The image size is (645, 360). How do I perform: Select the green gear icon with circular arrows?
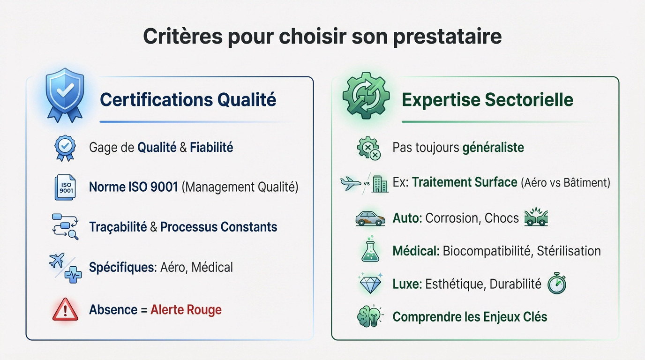click(366, 96)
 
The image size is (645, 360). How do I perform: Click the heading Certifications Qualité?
click(188, 100)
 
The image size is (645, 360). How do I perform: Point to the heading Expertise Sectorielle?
click(487, 100)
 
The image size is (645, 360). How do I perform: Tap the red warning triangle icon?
click(65, 309)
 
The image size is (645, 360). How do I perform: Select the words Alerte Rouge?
click(186, 310)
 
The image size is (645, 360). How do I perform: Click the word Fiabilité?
click(211, 148)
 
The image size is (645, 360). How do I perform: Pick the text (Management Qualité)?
click(240, 187)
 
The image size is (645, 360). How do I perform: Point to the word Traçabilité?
click(118, 227)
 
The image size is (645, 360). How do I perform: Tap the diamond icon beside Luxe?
click(370, 284)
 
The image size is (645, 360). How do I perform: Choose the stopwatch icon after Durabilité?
click(557, 284)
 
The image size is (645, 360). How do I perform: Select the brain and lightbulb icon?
click(369, 316)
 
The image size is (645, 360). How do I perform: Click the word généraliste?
click(493, 148)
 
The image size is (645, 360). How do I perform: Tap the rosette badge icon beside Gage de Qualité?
click(65, 148)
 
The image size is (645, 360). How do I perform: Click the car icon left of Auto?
click(370, 218)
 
